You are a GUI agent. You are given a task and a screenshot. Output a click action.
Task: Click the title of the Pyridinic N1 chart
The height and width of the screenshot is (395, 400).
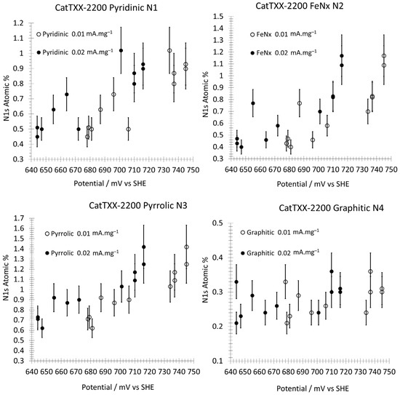pos(106,8)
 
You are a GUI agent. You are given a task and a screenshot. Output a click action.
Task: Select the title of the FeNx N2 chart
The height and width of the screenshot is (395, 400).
pos(299,6)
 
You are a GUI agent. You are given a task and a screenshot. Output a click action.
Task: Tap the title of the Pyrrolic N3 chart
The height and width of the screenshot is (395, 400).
pos(138,205)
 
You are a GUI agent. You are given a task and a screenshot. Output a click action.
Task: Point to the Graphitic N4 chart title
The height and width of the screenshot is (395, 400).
pos(331,208)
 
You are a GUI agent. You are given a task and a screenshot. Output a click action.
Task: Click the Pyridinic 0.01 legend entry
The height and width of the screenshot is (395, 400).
pos(74,33)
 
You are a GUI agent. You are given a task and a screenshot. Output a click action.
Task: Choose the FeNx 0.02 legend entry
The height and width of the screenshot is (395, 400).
pos(284,53)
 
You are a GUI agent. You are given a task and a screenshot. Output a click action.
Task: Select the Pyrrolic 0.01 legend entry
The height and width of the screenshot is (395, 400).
pos(81,234)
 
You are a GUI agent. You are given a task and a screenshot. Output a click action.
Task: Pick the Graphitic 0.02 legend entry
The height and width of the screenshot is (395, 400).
pos(280,253)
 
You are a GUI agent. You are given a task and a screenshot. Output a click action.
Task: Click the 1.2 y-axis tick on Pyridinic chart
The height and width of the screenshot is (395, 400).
pos(18,23)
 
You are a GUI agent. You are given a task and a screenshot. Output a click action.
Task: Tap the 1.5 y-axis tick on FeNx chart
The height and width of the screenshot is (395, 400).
pos(217,17)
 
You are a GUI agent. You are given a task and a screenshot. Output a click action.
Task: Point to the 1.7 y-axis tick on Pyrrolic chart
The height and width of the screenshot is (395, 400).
pos(19,218)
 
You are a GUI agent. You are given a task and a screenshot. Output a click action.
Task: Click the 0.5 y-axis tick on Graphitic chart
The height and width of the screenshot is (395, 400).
pos(217,223)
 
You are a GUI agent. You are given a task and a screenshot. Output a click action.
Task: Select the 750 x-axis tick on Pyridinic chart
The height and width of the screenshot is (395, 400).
pos(193,169)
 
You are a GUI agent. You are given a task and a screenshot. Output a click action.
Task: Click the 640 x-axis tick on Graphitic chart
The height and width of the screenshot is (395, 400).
pos(231,372)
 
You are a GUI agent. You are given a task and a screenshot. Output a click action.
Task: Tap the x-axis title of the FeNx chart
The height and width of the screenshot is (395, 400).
pos(313,184)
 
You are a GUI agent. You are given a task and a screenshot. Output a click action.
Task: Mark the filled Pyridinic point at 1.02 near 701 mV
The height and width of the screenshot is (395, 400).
pos(121,50)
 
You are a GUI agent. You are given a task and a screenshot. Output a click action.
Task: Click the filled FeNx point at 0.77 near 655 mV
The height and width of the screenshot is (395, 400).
pos(253,103)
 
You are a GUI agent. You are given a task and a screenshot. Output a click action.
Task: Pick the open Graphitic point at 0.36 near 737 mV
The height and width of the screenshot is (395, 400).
pos(370,271)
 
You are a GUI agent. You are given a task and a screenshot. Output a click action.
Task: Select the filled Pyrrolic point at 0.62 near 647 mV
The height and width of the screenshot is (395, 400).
pos(42,328)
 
